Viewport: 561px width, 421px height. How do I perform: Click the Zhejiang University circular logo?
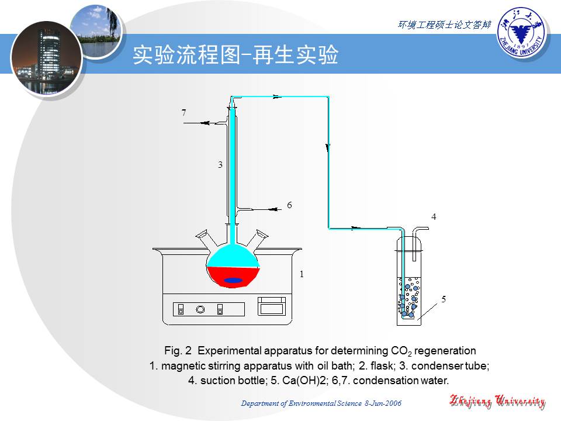tap(522, 33)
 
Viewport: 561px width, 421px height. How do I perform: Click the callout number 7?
tap(184, 113)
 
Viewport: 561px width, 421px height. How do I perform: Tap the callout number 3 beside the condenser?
tap(220, 165)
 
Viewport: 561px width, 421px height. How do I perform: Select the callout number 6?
tap(289, 205)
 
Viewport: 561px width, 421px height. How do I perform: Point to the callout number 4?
tap(434, 216)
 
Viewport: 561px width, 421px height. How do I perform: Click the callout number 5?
tap(444, 299)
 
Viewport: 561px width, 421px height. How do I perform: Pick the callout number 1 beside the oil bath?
tap(302, 274)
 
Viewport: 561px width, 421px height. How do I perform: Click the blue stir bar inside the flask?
tap(233, 280)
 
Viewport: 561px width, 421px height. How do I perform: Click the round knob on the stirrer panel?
tap(200, 309)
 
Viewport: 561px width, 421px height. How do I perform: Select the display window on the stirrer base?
tap(272, 306)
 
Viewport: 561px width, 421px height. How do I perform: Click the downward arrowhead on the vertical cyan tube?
tap(328, 147)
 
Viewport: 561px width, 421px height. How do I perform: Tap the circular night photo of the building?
tap(47, 58)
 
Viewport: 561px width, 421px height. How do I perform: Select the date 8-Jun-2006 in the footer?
tap(383, 403)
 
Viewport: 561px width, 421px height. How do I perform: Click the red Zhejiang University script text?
tap(497, 401)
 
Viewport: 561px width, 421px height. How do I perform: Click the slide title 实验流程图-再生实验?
tap(236, 55)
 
